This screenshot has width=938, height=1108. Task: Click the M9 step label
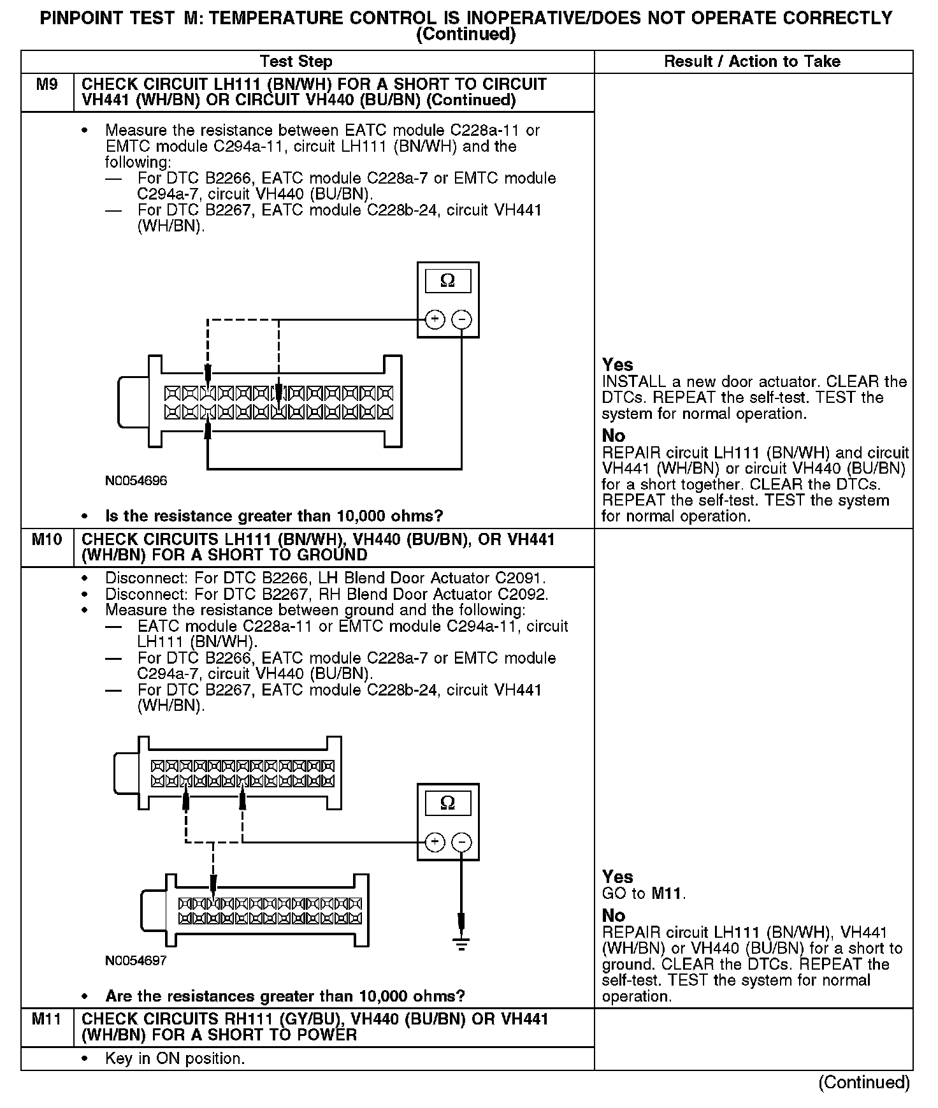[47, 85]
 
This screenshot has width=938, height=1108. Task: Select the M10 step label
[47, 540]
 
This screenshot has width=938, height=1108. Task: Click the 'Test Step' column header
[296, 62]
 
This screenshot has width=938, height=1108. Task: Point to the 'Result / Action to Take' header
[752, 62]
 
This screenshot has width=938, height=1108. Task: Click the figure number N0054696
[136, 481]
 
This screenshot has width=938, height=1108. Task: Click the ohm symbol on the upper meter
[448, 281]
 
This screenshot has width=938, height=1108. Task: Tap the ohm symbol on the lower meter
[448, 803]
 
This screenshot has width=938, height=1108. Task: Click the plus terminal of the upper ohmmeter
[435, 319]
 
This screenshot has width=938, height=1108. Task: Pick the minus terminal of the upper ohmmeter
[461, 319]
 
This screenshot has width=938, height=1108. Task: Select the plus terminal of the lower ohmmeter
[435, 842]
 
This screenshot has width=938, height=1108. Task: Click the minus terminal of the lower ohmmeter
[461, 842]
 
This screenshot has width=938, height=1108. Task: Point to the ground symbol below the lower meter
[461, 944]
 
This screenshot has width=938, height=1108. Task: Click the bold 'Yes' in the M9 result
[617, 365]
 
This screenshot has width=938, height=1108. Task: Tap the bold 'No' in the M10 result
[614, 916]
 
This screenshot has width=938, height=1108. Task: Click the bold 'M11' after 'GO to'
[667, 894]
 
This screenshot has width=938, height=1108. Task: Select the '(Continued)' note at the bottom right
[864, 1082]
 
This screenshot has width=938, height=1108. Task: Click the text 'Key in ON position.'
[175, 1059]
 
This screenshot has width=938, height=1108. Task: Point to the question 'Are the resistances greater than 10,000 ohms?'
[285, 996]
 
